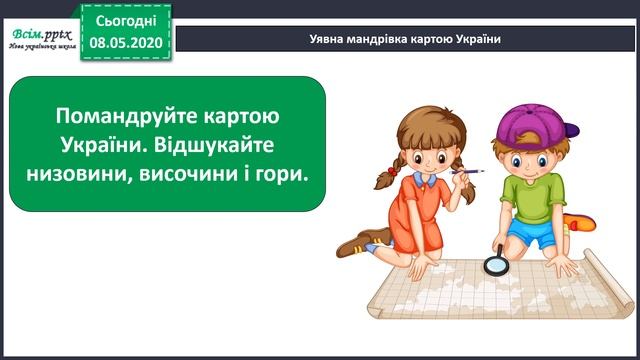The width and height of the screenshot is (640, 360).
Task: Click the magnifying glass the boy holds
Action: pos(494,265)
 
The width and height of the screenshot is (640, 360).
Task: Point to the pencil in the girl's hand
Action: pos(467,174)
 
